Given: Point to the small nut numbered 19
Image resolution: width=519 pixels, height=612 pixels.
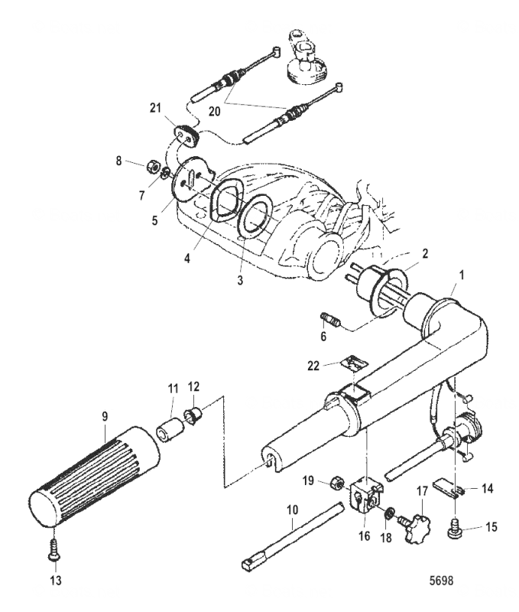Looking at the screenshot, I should pos(334,483).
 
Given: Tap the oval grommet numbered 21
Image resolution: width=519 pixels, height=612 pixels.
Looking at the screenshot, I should pos(187,135).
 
